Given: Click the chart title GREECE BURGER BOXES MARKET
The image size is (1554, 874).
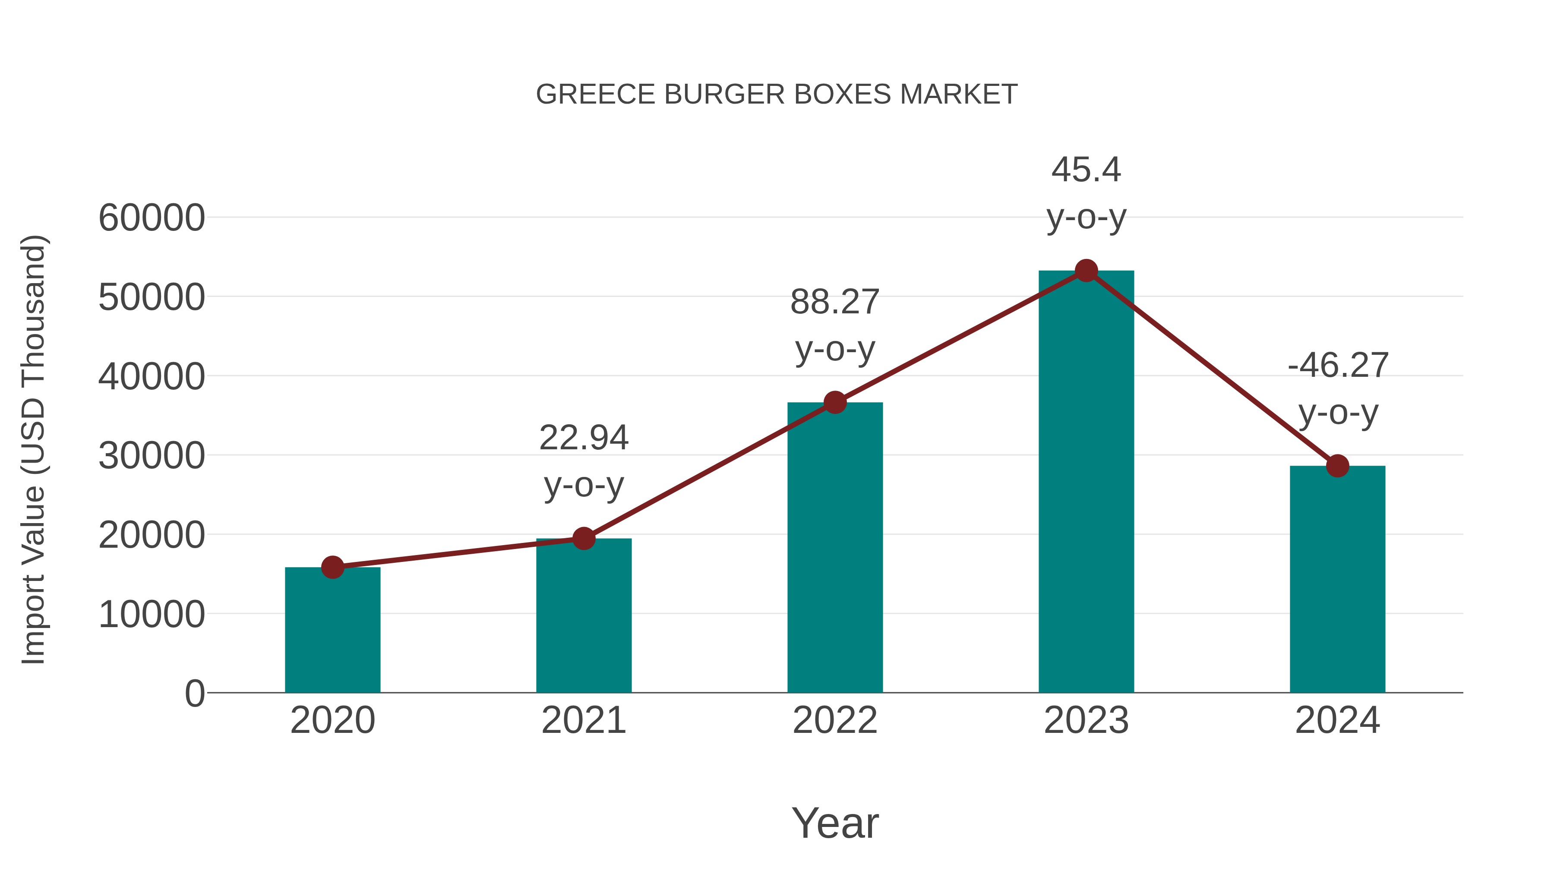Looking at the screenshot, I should pyautogui.click(x=777, y=95).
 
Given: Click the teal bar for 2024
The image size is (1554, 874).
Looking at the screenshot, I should pyautogui.click(x=1337, y=579).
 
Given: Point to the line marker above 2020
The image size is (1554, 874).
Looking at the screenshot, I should pyautogui.click(x=332, y=567).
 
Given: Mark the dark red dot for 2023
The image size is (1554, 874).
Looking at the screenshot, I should pyautogui.click(x=1086, y=271).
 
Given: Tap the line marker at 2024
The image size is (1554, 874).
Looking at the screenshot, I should pyautogui.click(x=1337, y=466).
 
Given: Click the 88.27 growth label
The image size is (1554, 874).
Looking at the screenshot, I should pyautogui.click(x=835, y=302).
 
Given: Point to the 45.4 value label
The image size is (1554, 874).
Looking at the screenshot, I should pyautogui.click(x=1086, y=170).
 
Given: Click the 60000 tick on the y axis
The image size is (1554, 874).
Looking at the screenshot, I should pyautogui.click(x=152, y=218).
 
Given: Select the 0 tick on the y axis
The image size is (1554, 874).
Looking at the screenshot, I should pyautogui.click(x=195, y=693).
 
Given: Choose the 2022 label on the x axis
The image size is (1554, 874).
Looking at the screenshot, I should pyautogui.click(x=835, y=720).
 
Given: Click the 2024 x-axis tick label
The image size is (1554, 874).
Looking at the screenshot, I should pyautogui.click(x=1337, y=720).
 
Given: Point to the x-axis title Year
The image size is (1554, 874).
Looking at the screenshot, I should pyautogui.click(x=835, y=823).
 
